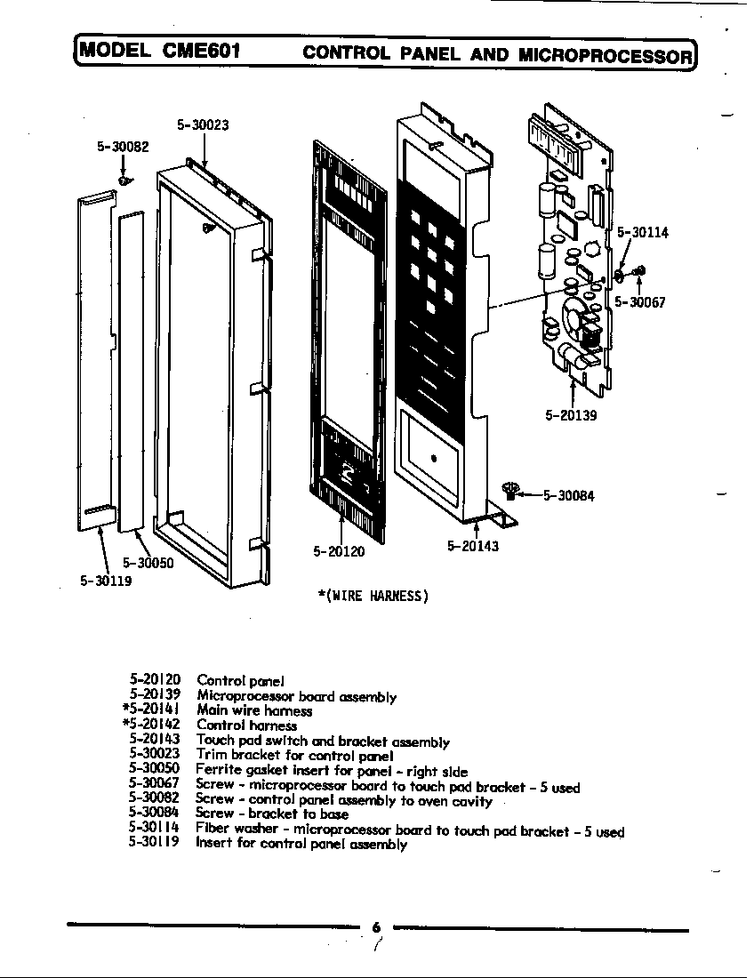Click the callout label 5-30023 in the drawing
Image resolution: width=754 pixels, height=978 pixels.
tap(203, 125)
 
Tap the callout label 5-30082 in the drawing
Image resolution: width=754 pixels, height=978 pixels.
tap(123, 147)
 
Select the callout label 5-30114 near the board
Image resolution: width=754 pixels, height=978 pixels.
tap(643, 233)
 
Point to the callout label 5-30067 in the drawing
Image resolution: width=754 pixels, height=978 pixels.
tap(640, 302)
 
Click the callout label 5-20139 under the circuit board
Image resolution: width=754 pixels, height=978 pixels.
tap(571, 414)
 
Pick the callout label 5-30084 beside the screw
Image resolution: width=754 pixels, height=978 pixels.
tap(568, 496)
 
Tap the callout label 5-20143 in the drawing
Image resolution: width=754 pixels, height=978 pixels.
tap(473, 546)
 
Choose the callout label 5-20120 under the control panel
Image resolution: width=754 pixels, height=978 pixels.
tap(339, 551)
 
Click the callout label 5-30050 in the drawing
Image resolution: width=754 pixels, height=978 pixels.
tap(148, 563)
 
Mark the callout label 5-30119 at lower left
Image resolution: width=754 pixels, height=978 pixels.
tap(106, 581)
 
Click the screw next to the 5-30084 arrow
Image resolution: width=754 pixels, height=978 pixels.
tap(510, 489)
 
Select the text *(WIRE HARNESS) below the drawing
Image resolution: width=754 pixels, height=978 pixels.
tap(373, 596)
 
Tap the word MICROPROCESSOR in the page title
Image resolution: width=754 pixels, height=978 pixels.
tap(604, 55)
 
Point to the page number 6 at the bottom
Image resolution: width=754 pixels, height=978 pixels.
tap(376, 927)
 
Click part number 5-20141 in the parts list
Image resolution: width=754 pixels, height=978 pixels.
tap(151, 710)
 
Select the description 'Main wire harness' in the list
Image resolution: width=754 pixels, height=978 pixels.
tap(254, 711)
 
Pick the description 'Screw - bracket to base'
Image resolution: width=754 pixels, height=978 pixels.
tap(272, 814)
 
